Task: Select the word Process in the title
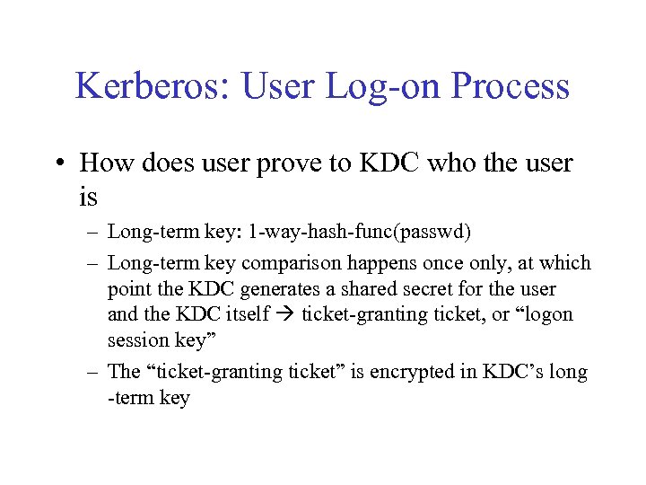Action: point(512,87)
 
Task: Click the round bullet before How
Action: point(59,164)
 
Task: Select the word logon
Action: point(546,315)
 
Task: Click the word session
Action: point(137,340)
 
